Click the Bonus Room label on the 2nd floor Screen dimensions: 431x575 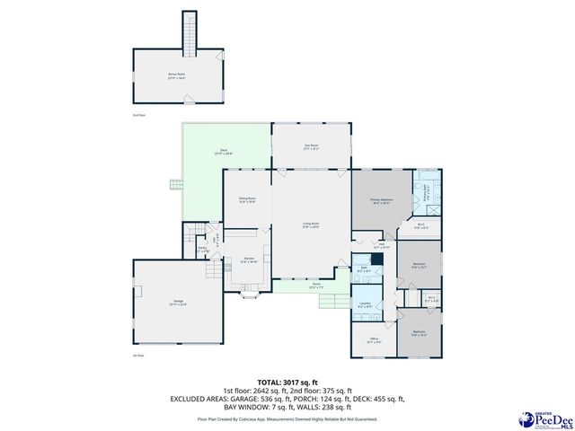tap(176, 77)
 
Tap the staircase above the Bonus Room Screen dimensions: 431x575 tap(189, 32)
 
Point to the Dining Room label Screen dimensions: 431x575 tap(247, 199)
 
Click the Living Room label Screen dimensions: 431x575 tap(310, 224)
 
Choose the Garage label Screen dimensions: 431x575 tap(177, 303)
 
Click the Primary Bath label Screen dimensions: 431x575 tap(429, 194)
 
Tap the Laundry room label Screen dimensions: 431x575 tap(366, 305)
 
